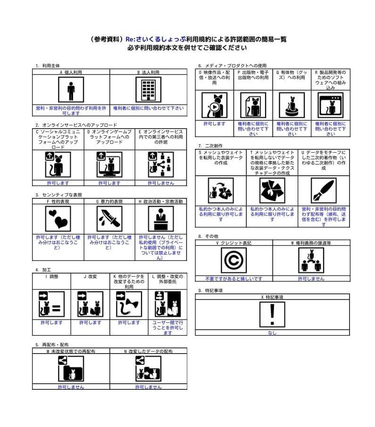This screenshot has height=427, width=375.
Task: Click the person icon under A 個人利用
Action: pyautogui.click(x=71, y=90)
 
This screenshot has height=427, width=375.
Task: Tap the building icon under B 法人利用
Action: pyautogui.click(x=148, y=90)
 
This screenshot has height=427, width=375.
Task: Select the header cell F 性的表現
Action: pyautogui.click(x=58, y=201)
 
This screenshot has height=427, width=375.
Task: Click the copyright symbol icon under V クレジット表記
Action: pyautogui.click(x=233, y=260)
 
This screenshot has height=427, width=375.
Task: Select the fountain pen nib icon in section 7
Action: pyautogui.click(x=324, y=190)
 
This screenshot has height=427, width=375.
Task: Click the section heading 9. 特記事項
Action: pyautogui.click(x=210, y=291)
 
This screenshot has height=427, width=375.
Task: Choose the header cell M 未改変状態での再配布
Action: pyautogui.click(x=71, y=351)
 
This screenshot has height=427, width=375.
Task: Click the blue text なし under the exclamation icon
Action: pyautogui.click(x=272, y=333)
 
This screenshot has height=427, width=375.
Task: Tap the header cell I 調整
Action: pyautogui.click(x=51, y=276)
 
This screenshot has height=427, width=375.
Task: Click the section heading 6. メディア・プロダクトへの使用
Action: pyautogui.click(x=232, y=66)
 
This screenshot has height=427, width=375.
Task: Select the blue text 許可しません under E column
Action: pyautogui.click(x=161, y=183)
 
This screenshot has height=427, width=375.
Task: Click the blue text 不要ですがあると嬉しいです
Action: pyautogui.click(x=233, y=279)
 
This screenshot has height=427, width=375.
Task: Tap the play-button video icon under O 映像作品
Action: pyautogui.click(x=214, y=105)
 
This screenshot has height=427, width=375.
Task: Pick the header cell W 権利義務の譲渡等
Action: pyautogui.click(x=311, y=243)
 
